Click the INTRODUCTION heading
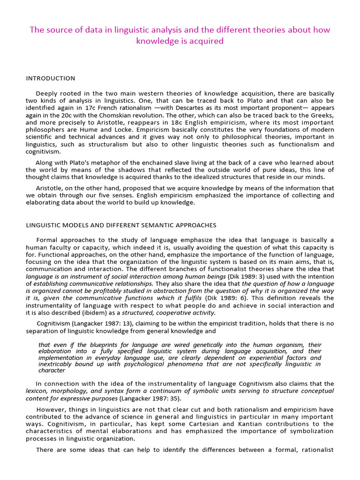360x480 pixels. click(x=50, y=78)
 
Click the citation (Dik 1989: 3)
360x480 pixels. click(x=253, y=277)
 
